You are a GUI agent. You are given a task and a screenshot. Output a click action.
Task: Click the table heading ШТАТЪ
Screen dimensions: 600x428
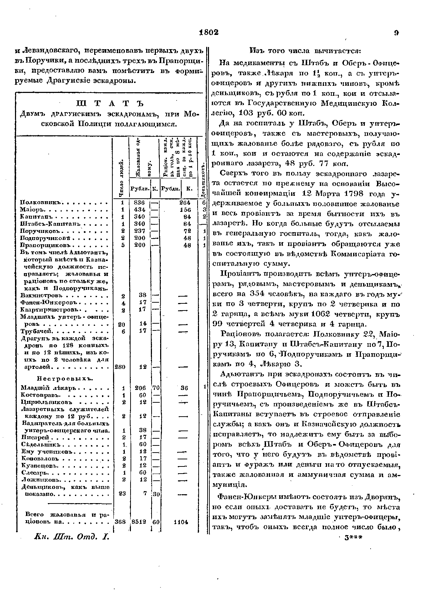109,104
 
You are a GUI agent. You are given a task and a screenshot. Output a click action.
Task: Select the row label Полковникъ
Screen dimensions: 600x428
42,203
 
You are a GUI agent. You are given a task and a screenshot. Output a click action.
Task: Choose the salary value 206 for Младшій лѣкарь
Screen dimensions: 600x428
141,388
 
